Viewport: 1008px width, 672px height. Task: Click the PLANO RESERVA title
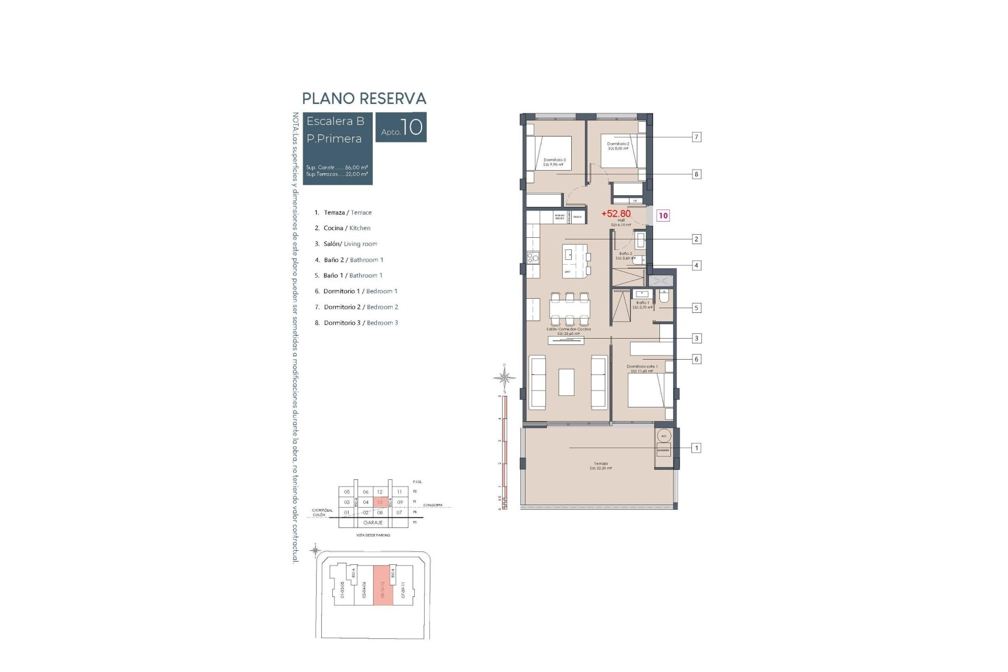point(364,99)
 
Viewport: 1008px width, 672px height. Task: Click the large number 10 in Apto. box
point(413,127)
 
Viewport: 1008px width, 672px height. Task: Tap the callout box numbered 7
point(696,137)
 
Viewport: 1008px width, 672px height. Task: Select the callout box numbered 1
point(696,448)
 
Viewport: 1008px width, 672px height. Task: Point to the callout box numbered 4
point(696,265)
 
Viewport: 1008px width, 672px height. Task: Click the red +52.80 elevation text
point(616,214)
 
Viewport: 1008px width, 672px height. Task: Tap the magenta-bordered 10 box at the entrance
point(663,215)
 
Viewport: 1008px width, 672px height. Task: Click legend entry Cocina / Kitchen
point(346,228)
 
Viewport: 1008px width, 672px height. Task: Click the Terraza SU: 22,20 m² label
point(601,466)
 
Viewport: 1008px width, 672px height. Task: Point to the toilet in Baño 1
point(664,297)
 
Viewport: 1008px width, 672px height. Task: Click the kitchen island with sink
point(576,260)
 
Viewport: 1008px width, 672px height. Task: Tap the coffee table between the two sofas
point(566,382)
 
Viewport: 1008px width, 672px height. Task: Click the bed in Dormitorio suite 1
point(649,390)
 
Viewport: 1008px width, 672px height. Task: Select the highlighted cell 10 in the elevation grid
point(380,502)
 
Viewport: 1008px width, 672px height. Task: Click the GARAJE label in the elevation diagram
point(372,523)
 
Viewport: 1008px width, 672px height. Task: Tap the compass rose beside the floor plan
point(505,377)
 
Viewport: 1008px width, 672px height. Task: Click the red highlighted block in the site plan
point(383,586)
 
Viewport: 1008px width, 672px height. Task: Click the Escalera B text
point(335,121)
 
